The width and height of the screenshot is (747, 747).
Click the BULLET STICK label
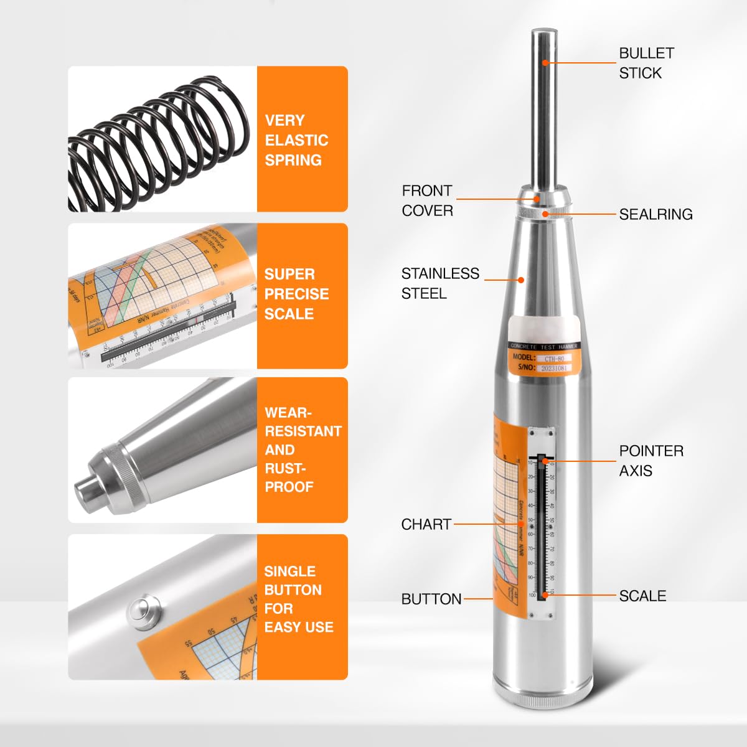coord(646,63)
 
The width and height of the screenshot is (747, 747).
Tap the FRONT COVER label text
coord(427,200)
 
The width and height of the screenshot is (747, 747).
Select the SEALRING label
coord(655,214)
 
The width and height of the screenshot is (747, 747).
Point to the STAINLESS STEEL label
coord(440,283)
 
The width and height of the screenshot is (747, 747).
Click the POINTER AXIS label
coord(651,461)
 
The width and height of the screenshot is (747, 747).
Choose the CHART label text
coord(426,524)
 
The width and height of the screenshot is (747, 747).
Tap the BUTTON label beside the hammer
coord(431,599)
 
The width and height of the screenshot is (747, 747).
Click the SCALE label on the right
coord(642,596)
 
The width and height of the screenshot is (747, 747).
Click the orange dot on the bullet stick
coord(545,62)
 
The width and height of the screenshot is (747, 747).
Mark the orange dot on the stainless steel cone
coord(522,280)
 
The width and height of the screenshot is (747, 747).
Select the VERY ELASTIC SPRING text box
coord(296,140)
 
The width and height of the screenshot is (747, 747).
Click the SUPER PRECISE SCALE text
coord(296,294)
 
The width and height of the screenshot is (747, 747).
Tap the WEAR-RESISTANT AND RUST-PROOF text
coord(303,449)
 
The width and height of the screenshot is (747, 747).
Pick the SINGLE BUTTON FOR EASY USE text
coord(299,599)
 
